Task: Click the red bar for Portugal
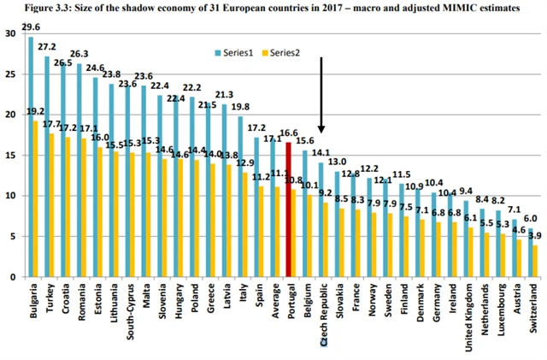(289, 210)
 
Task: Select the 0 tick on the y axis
(11, 277)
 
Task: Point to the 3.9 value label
(536, 235)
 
